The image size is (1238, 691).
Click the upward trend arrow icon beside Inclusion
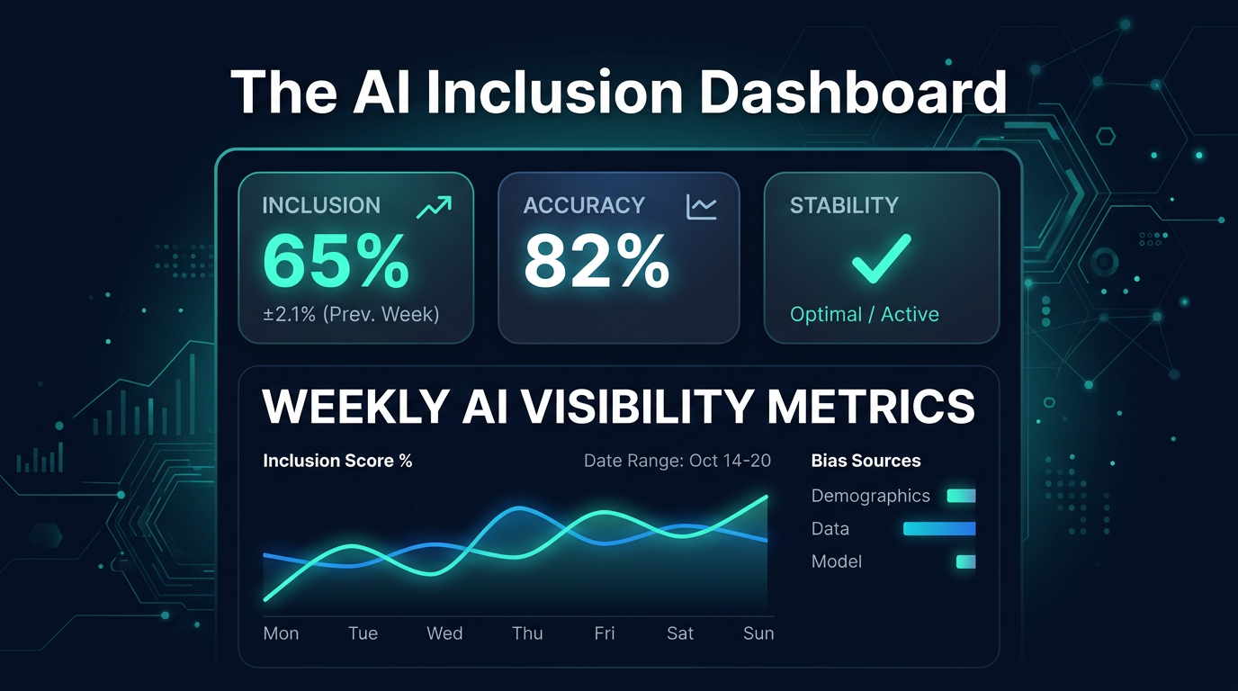tap(434, 207)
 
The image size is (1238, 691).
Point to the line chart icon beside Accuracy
tap(701, 207)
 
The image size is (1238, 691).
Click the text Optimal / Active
tap(864, 314)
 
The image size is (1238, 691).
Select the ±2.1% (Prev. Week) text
tap(350, 314)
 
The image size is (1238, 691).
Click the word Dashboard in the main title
tap(853, 92)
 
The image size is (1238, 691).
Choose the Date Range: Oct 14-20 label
tap(677, 461)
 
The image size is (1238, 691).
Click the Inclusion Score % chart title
tap(337, 461)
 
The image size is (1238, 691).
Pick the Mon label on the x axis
tap(281, 633)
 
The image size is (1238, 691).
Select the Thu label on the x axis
tap(527, 633)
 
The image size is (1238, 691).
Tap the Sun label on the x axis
tap(758, 633)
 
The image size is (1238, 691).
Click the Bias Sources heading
tap(866, 461)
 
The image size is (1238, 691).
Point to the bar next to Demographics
tap(961, 496)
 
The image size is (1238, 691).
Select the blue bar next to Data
tap(939, 529)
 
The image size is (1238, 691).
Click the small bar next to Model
tap(965, 561)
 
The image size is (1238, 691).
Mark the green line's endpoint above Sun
tap(767, 497)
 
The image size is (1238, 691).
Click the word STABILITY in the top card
tap(844, 205)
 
